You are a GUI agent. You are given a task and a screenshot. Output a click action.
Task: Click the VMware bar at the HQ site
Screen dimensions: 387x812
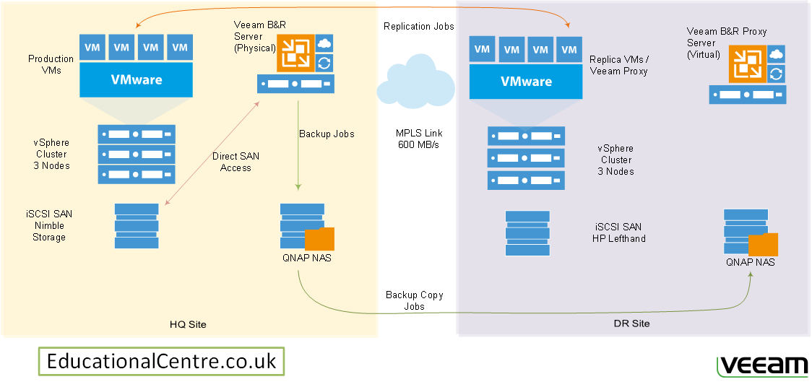(x=137, y=79)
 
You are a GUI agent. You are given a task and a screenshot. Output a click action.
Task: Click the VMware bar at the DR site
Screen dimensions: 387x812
(x=527, y=82)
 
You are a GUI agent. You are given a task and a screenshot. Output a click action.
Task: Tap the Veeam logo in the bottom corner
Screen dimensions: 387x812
(x=762, y=365)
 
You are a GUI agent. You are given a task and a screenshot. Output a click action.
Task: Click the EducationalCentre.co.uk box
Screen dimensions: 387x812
(x=161, y=361)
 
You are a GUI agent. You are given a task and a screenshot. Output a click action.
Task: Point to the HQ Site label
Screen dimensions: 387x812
(x=187, y=325)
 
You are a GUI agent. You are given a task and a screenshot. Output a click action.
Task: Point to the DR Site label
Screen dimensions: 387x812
(x=631, y=323)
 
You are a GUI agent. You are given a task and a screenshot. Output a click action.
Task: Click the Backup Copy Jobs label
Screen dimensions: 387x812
(x=414, y=300)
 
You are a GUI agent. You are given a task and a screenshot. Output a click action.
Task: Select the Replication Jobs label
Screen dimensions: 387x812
(x=419, y=27)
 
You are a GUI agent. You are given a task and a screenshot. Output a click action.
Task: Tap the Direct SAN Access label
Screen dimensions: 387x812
(x=236, y=162)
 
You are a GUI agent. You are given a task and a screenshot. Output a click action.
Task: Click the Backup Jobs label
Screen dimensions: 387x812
(x=327, y=134)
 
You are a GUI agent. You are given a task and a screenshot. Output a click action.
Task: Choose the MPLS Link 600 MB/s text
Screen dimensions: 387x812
(x=419, y=139)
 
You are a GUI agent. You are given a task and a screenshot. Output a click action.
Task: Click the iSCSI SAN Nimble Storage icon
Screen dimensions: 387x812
(x=137, y=226)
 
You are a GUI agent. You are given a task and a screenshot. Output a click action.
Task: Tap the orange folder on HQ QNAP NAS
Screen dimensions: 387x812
(x=319, y=239)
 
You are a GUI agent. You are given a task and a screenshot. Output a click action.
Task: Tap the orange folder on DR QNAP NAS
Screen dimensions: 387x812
(x=763, y=245)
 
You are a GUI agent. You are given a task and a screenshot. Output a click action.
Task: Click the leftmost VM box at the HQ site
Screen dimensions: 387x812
(x=92, y=48)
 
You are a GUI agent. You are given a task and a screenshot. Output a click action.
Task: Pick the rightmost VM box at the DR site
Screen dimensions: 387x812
(x=569, y=50)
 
